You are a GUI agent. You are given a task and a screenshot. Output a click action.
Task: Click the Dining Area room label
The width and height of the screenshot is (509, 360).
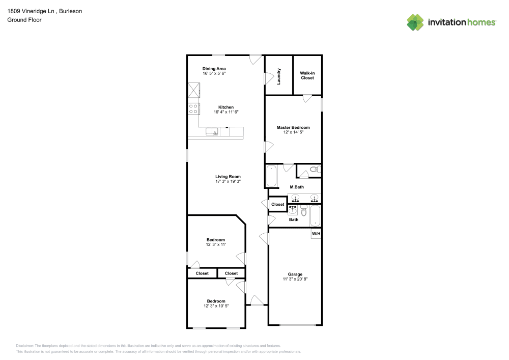point(214,69)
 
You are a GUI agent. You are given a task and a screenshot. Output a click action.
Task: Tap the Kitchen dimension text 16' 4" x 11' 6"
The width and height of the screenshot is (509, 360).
point(226,112)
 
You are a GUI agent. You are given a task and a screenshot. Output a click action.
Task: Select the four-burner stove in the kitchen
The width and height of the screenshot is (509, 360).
point(193,109)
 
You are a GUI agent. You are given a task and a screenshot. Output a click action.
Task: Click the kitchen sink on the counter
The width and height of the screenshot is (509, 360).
point(212,131)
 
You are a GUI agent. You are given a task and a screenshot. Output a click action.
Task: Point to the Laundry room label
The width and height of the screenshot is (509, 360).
point(278,76)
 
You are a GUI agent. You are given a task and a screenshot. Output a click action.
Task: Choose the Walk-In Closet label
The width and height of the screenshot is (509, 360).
point(307,76)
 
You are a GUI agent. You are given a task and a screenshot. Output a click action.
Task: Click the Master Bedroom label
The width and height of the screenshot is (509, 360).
point(293,128)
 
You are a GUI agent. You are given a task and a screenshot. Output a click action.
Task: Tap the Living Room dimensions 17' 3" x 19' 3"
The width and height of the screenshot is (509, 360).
point(228,181)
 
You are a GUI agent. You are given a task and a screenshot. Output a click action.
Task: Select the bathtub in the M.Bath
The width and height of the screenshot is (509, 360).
point(271,176)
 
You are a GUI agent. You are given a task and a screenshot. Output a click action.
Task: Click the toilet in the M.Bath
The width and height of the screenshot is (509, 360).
point(316,169)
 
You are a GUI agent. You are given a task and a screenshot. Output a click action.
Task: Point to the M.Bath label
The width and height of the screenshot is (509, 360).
point(297,187)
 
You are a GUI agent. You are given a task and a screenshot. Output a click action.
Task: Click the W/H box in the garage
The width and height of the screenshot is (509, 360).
point(316,234)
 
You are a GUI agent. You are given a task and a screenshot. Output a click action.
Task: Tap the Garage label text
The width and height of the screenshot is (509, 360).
point(295,274)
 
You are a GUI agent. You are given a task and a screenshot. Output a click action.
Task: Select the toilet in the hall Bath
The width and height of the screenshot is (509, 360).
point(304,210)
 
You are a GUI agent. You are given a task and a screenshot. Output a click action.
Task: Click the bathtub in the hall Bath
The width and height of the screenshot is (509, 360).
point(315,215)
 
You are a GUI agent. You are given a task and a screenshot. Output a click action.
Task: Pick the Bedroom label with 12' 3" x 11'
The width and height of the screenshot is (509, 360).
point(216,240)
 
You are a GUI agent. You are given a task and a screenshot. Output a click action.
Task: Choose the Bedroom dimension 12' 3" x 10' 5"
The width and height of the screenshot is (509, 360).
point(216,306)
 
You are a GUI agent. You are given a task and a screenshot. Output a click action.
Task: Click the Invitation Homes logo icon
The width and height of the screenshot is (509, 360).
point(415,22)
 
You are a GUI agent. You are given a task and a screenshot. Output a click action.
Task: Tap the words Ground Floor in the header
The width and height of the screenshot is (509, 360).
point(24,20)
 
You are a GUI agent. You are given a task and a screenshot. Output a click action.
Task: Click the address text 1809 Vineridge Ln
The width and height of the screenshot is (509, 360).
point(31,11)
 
